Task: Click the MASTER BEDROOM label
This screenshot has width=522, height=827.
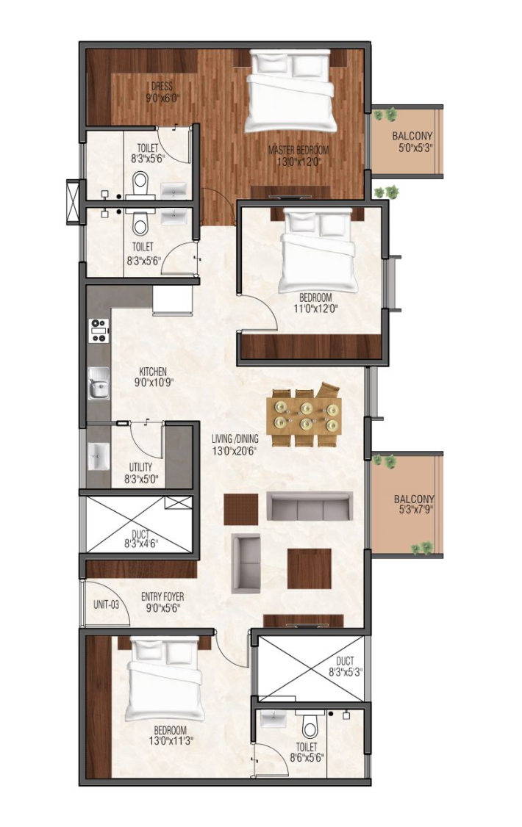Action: click(x=298, y=156)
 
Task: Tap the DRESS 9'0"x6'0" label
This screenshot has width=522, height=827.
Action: click(x=162, y=92)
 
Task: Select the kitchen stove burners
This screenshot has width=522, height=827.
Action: click(x=99, y=331)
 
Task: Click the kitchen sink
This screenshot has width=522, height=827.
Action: click(x=99, y=383)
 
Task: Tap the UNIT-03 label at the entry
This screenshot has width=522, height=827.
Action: click(x=106, y=604)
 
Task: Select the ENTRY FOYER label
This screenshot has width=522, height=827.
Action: click(x=162, y=602)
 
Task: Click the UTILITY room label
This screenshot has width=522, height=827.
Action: click(x=141, y=473)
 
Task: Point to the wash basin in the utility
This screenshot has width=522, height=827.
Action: click(x=99, y=455)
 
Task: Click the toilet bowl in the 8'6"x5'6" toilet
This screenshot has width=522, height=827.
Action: click(x=310, y=727)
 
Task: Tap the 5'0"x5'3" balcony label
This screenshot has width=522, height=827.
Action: click(x=412, y=142)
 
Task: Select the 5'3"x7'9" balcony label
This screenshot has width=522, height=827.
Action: click(x=415, y=505)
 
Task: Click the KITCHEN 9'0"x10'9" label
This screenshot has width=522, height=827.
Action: click(x=153, y=377)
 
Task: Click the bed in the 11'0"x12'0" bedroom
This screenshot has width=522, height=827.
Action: click(x=317, y=250)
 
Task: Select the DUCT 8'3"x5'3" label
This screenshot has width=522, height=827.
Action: click(x=344, y=666)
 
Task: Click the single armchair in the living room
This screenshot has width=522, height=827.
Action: click(x=246, y=563)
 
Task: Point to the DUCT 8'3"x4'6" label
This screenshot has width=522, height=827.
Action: click(x=140, y=538)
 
